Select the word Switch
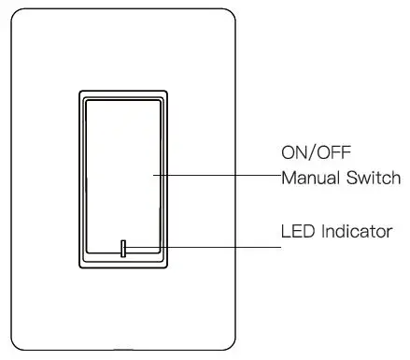[375, 177]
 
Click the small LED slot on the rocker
[123, 248]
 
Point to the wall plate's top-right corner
[227, 15]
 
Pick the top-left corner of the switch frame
[78, 92]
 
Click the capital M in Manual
[289, 177]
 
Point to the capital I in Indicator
[322, 231]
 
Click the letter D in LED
[307, 231]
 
